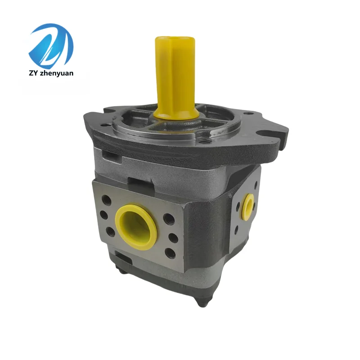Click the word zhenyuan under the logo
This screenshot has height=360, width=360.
(56, 73)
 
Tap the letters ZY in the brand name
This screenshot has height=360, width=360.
(33, 73)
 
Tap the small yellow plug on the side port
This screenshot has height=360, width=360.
(249, 207)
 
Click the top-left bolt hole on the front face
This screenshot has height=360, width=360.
(107, 200)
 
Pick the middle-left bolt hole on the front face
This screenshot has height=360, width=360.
(104, 216)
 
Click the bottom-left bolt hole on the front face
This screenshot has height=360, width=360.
(110, 232)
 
